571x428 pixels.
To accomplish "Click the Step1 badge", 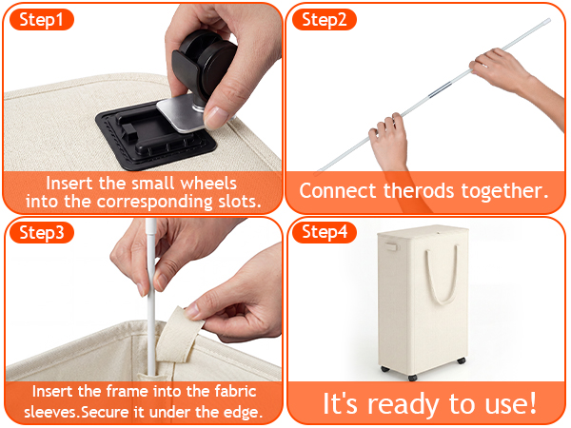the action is click(x=42, y=20).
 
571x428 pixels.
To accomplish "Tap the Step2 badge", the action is click(x=325, y=20).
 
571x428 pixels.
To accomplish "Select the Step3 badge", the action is click(x=42, y=233).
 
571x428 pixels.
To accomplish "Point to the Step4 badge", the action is click(x=325, y=232).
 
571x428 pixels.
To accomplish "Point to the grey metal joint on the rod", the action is click(x=441, y=90).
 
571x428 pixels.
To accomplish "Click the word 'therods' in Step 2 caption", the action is click(x=419, y=190).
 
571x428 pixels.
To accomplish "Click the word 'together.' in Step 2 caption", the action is click(x=504, y=191).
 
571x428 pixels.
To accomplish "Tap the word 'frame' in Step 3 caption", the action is click(x=128, y=392).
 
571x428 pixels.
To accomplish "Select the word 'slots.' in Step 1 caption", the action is click(x=240, y=202).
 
